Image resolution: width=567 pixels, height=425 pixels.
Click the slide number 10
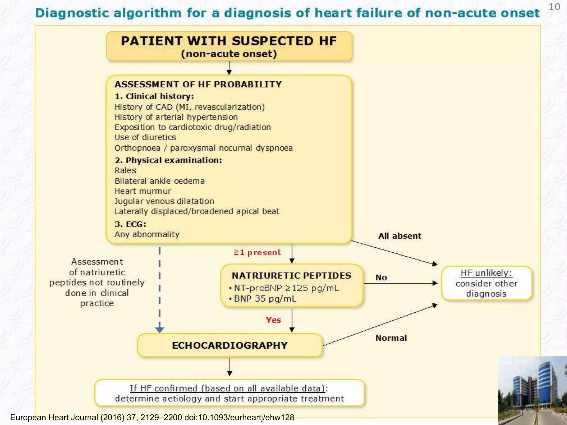tap(554, 7)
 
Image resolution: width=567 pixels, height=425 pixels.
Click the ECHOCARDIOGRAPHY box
tap(230, 345)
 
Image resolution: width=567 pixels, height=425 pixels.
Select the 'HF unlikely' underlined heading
tap(486, 273)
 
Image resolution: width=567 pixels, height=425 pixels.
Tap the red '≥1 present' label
tap(257, 252)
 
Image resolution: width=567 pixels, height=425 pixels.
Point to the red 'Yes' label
tap(273, 320)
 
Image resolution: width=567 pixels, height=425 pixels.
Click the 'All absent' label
tap(400, 236)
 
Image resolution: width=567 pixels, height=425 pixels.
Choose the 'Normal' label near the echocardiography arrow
tap(391, 338)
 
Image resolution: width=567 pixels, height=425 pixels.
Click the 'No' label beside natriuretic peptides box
tap(381, 278)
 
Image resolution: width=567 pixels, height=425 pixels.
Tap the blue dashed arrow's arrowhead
tap(159, 329)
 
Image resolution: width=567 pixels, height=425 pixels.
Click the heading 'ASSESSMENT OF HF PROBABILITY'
tap(198, 84)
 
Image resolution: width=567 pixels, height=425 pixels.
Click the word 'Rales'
tap(125, 170)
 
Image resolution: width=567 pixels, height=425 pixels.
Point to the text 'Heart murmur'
tap(143, 191)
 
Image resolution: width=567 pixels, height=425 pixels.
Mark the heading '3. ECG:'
tap(130, 224)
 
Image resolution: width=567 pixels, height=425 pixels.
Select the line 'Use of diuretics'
tap(145, 137)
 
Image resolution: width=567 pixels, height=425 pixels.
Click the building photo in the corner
tap(532, 391)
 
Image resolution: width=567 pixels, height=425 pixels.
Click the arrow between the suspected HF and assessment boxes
tap(229, 68)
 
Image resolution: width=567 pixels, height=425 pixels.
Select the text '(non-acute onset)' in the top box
tap(229, 54)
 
